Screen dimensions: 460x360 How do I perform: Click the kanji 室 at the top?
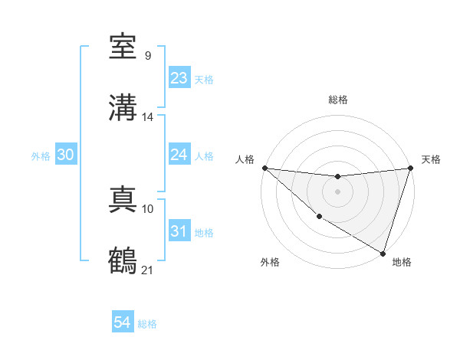point(123,47)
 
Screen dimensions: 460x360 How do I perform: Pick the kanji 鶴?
point(123,260)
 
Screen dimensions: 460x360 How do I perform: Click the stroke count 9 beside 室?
point(147,56)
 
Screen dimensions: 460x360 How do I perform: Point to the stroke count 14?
point(148,117)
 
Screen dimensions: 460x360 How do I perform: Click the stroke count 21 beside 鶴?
point(148,269)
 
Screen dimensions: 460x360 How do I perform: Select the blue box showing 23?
point(179,78)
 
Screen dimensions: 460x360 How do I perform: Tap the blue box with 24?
point(179,155)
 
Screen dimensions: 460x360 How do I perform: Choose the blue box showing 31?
point(179,231)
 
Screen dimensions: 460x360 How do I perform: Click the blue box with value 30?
point(66,155)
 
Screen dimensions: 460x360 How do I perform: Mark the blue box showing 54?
point(123,322)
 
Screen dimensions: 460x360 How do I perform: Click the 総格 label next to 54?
point(147,324)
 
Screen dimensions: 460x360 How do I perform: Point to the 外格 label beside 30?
point(41,156)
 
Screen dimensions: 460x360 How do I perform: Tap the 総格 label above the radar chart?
point(337,100)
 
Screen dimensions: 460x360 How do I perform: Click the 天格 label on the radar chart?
point(431,159)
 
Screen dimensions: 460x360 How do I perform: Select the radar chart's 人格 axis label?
point(245,159)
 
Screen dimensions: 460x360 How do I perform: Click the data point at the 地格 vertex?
point(382,253)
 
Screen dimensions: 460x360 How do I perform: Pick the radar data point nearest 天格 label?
point(410,168)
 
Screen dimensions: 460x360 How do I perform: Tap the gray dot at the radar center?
point(337,191)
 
